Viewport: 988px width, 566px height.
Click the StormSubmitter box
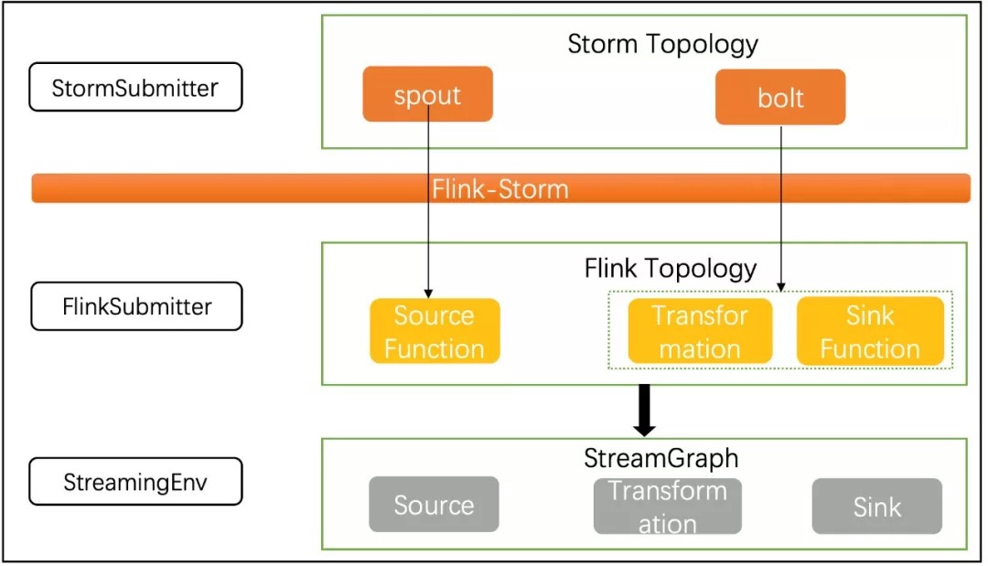[135, 87]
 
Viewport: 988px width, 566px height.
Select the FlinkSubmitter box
[136, 306]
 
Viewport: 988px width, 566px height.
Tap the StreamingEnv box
[135, 482]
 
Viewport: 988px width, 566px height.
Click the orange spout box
[428, 94]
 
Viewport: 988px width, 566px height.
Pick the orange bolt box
[780, 97]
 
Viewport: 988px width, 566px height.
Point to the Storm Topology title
[663, 44]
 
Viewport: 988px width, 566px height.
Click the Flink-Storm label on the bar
[500, 189]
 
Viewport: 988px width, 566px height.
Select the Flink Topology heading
[671, 269]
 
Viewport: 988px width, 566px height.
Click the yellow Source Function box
[435, 331]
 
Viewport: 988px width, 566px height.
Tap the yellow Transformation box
[700, 331]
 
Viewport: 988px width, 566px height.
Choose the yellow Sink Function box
[870, 331]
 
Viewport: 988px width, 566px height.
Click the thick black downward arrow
[644, 411]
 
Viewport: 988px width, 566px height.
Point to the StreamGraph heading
[661, 458]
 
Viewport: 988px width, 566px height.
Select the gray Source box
[435, 505]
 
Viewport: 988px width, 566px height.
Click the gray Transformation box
[667, 507]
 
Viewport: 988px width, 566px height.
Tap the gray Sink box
[877, 507]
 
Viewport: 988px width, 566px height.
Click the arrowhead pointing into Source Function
[428, 294]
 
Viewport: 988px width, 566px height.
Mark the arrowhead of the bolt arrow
[781, 287]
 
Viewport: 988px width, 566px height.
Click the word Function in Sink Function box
[870, 349]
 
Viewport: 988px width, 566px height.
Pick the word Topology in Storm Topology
[702, 45]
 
